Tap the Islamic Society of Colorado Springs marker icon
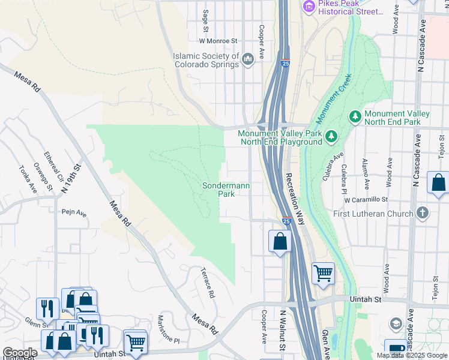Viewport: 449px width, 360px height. tap(249, 58)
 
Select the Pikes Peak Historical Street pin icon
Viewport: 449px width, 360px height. tap(309, 7)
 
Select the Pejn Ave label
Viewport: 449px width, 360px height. tap(74, 212)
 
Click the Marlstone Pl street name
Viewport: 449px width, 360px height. tap(168, 329)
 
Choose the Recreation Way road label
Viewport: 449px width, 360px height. tap(295, 199)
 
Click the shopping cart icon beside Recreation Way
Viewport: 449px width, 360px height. tap(323, 274)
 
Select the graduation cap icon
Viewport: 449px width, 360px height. tap(396, 324)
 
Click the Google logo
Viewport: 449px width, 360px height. tap(20, 353)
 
